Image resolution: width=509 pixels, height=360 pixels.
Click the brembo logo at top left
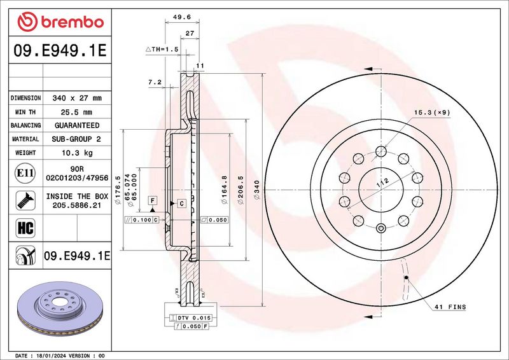[x=61, y=22]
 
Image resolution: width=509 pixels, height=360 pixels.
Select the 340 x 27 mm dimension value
[x=76, y=99]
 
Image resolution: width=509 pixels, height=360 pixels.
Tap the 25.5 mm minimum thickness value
[x=76, y=112]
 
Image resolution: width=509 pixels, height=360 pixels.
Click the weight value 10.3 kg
[x=76, y=153]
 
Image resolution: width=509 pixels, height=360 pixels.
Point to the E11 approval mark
[x=22, y=172]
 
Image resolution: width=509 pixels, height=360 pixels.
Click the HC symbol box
[x=22, y=226]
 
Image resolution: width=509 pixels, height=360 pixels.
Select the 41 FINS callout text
[x=451, y=307]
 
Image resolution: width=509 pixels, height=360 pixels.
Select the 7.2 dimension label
[x=155, y=82]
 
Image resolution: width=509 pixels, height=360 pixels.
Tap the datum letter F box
[x=153, y=200]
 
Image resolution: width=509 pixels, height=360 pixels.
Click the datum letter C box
[x=181, y=203]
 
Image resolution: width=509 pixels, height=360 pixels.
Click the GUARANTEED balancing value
[x=76, y=125]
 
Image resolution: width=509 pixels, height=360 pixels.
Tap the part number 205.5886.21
[x=76, y=205]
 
